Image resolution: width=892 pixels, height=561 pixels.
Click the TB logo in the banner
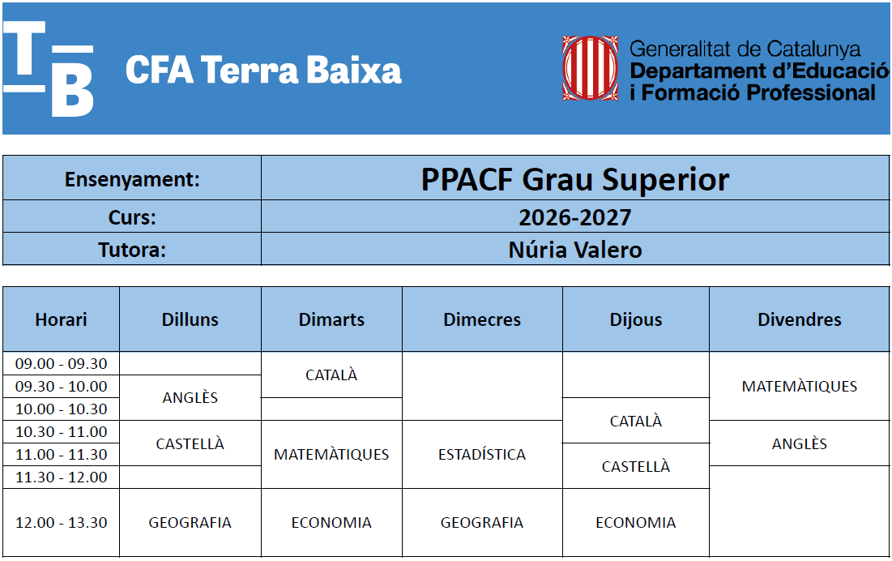click(49, 69)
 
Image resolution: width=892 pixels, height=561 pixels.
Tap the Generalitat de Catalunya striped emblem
click(590, 68)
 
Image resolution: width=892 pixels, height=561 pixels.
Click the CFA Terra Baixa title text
click(263, 70)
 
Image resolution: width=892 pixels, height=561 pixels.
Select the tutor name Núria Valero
click(575, 250)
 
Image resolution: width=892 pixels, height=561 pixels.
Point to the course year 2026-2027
click(575, 217)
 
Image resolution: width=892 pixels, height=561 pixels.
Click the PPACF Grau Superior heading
click(575, 179)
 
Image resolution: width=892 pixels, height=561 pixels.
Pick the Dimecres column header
click(482, 319)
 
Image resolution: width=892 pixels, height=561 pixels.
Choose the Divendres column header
click(800, 319)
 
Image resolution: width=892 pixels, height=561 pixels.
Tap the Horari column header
click(61, 319)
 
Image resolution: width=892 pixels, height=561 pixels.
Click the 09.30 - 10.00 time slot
click(61, 387)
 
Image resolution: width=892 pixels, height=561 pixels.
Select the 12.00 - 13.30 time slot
click(61, 522)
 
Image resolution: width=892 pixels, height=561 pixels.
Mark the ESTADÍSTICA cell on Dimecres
click(482, 454)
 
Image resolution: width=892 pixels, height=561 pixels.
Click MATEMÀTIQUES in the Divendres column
click(800, 387)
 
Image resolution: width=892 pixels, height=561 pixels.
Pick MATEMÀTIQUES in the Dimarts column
click(331, 454)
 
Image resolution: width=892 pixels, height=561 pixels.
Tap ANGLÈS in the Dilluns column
click(190, 398)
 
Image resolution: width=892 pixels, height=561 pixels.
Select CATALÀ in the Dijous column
click(636, 421)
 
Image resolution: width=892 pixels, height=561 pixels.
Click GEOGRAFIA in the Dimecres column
click(482, 522)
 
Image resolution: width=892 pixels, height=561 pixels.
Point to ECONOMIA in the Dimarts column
click(331, 522)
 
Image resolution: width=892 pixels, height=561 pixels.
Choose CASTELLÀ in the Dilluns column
click(190, 443)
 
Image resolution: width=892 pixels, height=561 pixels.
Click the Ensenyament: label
click(132, 179)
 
